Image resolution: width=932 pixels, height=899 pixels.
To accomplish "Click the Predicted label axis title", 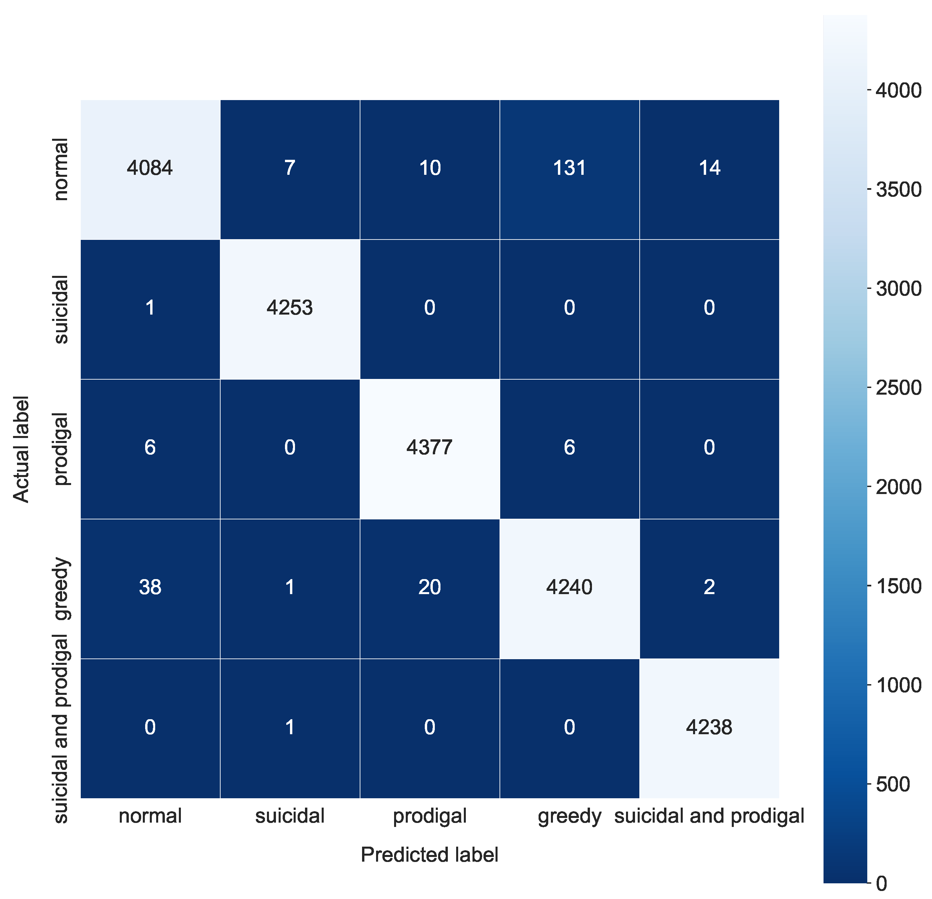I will tap(429, 855).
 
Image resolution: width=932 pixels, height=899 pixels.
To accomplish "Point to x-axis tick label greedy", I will tap(569, 816).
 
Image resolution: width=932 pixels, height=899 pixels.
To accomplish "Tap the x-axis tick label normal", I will tap(150, 816).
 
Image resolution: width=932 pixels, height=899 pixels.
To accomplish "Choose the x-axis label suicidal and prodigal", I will tap(709, 816).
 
